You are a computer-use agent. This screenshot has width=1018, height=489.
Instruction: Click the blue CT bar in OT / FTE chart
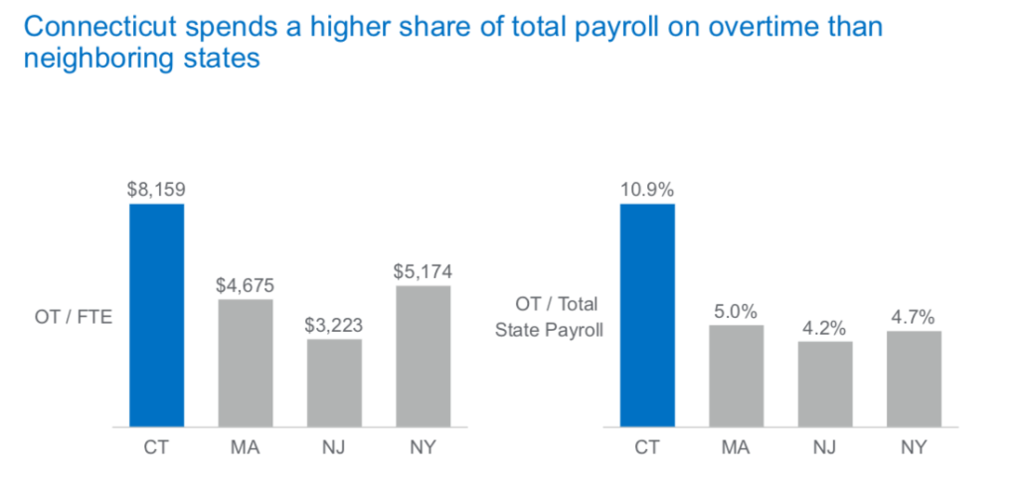click(156, 315)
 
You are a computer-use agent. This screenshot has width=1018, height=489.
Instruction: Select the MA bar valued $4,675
click(245, 363)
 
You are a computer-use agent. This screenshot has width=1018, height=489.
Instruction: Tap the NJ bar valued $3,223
click(333, 383)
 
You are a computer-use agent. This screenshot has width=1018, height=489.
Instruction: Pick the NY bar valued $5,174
click(423, 356)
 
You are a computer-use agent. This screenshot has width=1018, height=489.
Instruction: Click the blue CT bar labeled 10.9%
click(647, 315)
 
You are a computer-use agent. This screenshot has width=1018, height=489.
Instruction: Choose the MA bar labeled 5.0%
click(736, 376)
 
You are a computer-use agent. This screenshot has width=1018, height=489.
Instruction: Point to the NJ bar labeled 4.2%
click(824, 384)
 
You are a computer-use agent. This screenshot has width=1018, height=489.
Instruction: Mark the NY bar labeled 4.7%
click(914, 379)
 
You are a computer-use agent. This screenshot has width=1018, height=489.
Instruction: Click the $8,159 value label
click(156, 189)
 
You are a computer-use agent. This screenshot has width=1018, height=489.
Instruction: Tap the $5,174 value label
click(423, 270)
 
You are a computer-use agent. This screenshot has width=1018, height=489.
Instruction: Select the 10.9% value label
click(647, 189)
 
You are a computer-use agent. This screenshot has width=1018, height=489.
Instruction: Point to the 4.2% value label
click(824, 326)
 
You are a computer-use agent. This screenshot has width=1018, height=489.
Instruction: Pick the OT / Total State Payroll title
click(549, 316)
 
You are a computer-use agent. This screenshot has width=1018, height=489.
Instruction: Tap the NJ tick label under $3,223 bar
click(333, 446)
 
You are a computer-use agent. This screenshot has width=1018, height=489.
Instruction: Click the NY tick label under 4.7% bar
click(914, 446)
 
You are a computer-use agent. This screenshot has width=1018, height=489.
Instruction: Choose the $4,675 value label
click(245, 284)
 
